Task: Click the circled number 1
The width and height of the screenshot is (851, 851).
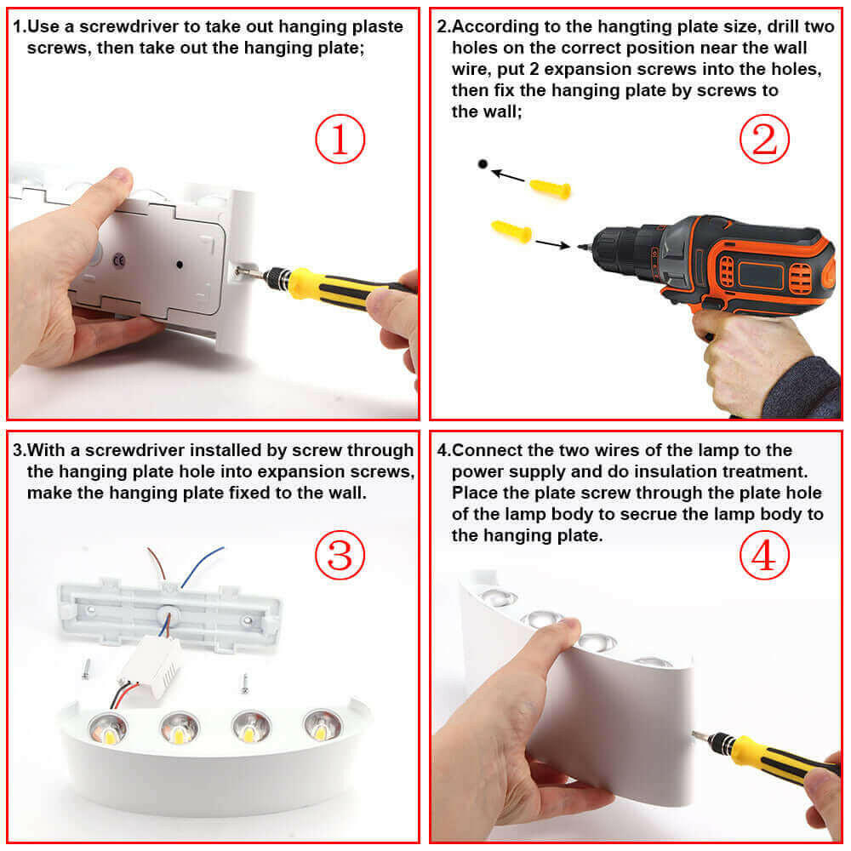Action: tap(340, 140)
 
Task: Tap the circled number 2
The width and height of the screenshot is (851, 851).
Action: tap(764, 140)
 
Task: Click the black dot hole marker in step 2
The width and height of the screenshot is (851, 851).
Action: tap(483, 163)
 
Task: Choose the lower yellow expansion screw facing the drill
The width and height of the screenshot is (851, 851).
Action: tap(511, 230)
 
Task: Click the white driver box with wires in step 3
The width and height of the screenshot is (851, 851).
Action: tap(151, 660)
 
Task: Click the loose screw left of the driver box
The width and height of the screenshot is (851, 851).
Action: tap(87, 670)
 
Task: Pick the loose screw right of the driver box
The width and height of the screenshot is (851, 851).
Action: tap(244, 680)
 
